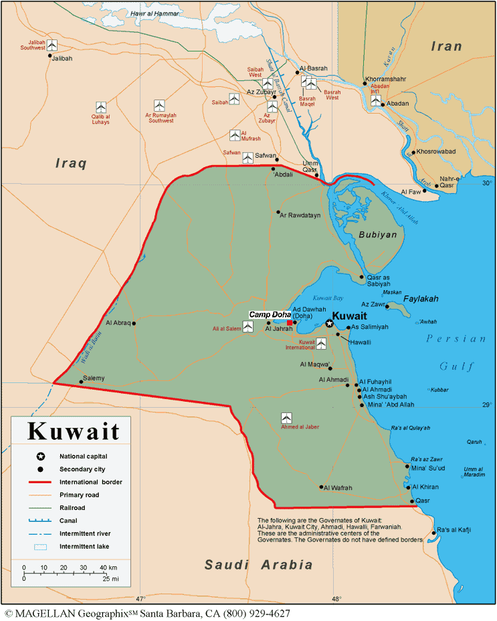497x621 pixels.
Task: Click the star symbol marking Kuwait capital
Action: point(329,324)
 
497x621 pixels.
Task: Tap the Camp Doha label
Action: point(270,315)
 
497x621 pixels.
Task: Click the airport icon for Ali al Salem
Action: point(247,328)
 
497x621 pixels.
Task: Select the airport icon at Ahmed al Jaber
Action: point(286,418)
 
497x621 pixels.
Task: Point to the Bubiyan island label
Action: point(377,235)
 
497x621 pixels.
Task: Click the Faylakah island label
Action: point(421,299)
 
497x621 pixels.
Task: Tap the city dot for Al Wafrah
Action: point(322,487)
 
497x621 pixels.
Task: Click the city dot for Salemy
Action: point(81,382)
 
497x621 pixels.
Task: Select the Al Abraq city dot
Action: point(134,323)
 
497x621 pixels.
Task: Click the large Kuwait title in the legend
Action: point(73,432)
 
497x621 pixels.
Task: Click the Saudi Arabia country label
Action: point(258,565)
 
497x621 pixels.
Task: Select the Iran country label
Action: point(446,46)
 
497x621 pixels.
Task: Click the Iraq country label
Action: point(72,163)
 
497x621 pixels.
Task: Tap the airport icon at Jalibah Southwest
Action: point(52,45)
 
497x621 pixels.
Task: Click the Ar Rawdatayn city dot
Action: point(278,213)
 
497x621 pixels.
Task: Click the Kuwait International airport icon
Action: point(321,344)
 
